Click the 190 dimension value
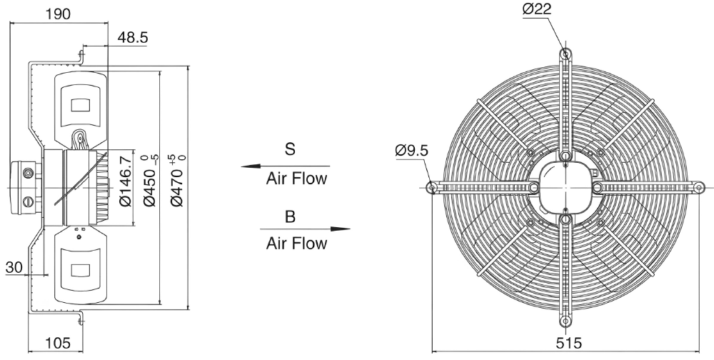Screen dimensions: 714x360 coord(59,14)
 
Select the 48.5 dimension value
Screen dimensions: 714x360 coord(133,37)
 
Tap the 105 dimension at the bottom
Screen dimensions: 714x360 coord(59,343)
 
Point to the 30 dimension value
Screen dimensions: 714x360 coord(14,267)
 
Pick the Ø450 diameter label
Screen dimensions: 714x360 coord(150,181)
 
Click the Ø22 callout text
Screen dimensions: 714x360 coord(537,9)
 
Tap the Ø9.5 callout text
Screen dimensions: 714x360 coord(412,151)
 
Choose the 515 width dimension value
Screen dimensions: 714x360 coord(569,343)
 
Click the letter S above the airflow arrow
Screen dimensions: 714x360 coord(290,149)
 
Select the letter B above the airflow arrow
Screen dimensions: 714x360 coord(290,217)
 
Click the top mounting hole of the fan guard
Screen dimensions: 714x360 coord(565,54)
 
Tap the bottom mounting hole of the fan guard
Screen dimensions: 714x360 coord(565,321)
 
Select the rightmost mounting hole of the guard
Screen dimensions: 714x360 coord(700,187)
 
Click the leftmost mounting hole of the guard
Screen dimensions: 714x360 coord(432,187)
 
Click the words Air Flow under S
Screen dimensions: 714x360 coord(296,178)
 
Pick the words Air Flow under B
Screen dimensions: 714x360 coord(296,244)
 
